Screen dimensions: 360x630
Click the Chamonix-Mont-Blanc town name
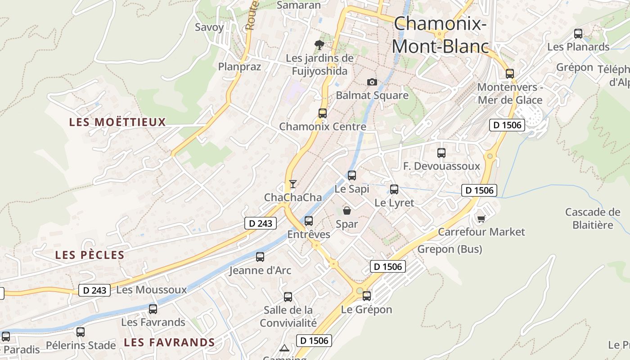(x=440, y=35)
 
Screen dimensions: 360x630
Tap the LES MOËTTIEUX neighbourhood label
(x=117, y=122)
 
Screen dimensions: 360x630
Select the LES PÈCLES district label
(x=90, y=255)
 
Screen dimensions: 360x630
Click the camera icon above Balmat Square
(x=372, y=82)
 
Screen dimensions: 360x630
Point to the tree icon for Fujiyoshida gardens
(x=319, y=45)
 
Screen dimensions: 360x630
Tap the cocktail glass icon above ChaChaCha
(x=293, y=184)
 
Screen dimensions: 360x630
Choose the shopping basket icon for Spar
(x=347, y=210)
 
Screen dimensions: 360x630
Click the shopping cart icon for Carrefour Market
(x=481, y=219)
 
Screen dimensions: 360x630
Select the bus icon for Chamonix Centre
(x=323, y=113)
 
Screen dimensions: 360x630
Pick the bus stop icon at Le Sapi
(x=352, y=175)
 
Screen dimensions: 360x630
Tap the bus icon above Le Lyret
(x=394, y=189)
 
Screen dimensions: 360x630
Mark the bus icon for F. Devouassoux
(x=441, y=153)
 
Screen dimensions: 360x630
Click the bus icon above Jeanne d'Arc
(x=260, y=257)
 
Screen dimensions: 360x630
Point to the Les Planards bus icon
(x=578, y=34)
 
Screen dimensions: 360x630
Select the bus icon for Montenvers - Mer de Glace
(x=510, y=73)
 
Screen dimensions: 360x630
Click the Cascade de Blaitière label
(x=593, y=218)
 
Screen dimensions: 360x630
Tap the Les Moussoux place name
(x=151, y=290)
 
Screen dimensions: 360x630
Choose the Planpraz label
(x=239, y=67)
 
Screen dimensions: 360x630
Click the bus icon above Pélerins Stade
(x=81, y=332)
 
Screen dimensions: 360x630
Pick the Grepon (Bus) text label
(x=450, y=249)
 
